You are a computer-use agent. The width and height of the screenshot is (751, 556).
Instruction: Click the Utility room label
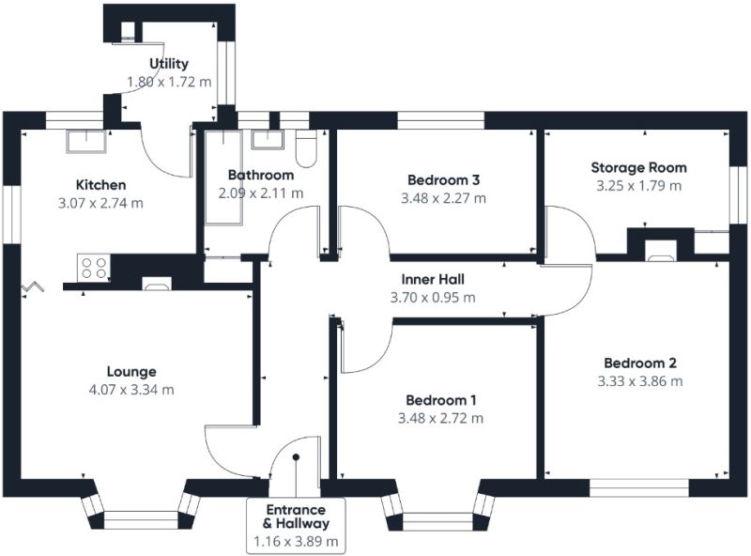tap(169, 64)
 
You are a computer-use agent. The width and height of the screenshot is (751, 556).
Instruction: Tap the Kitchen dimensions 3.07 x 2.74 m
tap(100, 203)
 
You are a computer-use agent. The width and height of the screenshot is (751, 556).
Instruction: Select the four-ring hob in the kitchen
tap(94, 268)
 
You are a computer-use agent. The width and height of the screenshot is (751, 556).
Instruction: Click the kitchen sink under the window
tap(86, 142)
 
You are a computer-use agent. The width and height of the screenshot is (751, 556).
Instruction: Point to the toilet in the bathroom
tap(307, 148)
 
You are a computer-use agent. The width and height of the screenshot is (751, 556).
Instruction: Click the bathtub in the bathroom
tap(224, 178)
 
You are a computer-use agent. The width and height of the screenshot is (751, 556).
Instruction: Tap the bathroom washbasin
tap(268, 140)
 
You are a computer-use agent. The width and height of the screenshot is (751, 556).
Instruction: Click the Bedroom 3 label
tap(443, 180)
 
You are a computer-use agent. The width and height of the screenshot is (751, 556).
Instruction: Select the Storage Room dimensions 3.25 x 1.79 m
tap(639, 186)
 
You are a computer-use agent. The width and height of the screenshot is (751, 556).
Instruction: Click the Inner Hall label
tap(433, 280)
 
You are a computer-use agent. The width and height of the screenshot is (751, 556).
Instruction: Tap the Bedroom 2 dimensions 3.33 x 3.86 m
tap(640, 381)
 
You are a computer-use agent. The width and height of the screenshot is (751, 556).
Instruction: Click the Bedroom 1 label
tap(441, 400)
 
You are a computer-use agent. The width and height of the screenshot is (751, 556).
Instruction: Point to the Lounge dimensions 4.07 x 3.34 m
tap(131, 390)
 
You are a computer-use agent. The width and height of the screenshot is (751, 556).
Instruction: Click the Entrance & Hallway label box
tap(296, 526)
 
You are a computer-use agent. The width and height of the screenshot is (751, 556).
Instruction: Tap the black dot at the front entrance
tap(296, 457)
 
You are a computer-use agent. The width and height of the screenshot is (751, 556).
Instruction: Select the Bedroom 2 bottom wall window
tap(639, 488)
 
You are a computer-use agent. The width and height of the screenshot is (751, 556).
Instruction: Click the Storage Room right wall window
tap(738, 195)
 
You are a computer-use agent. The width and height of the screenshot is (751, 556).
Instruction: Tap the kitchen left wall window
tap(11, 214)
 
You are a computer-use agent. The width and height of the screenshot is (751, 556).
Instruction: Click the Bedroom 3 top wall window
tap(440, 121)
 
